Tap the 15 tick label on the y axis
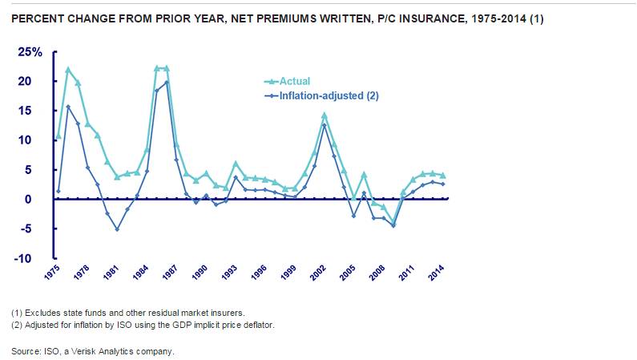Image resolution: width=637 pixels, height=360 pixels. (35, 111)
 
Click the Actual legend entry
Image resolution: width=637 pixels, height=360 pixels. (295, 81)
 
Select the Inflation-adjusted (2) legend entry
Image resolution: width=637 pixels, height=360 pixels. (328, 95)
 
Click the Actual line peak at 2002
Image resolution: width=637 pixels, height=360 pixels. (325, 115)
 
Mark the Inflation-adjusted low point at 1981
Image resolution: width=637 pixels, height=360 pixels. (117, 229)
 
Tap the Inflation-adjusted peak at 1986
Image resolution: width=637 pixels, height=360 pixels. (167, 82)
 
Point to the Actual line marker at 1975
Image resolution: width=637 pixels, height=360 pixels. (58, 136)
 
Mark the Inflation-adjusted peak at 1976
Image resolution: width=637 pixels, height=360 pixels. (68, 106)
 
